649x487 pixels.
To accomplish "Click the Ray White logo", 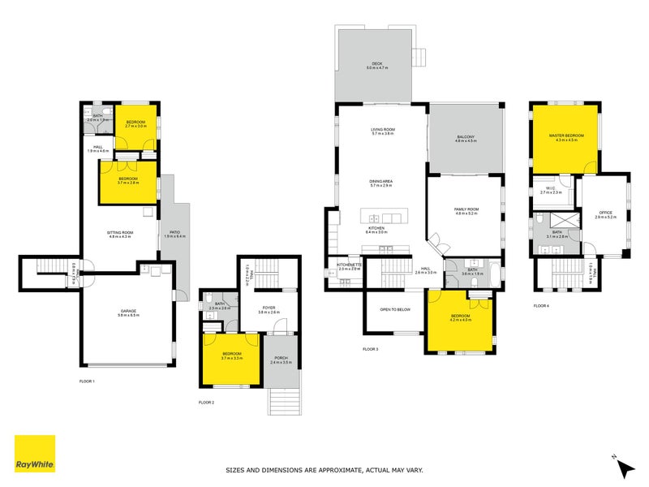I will tap(35, 454).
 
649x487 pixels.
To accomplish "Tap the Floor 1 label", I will tap(87, 381).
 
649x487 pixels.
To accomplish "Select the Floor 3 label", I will tap(371, 349).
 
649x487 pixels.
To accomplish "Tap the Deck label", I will tap(376, 62).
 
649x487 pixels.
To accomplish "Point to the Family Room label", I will tap(466, 209).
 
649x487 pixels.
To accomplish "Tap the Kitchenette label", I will tap(347, 265).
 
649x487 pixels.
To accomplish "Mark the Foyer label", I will tap(269, 308).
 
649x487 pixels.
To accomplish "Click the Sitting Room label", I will tap(120, 232).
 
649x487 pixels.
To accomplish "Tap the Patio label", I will tap(174, 232).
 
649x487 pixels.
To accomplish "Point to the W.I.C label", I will tap(551, 189).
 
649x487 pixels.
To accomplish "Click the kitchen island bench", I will tap(385, 218).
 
